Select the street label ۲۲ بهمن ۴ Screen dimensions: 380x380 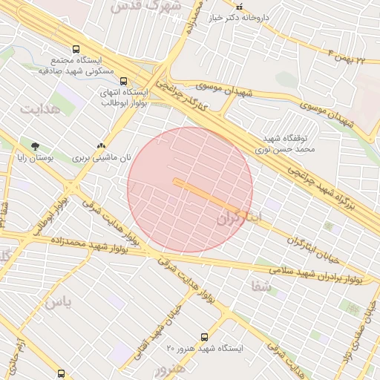[x=347, y=55]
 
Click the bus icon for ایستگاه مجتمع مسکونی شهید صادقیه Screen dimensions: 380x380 [x=76, y=49]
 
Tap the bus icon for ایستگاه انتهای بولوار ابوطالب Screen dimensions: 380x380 [x=123, y=82]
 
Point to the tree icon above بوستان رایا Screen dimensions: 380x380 [x=35, y=145]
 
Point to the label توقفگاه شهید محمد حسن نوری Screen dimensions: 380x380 [x=291, y=144]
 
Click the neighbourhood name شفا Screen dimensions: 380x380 [x=259, y=286]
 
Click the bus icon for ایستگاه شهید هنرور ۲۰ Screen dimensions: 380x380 [x=206, y=337]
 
